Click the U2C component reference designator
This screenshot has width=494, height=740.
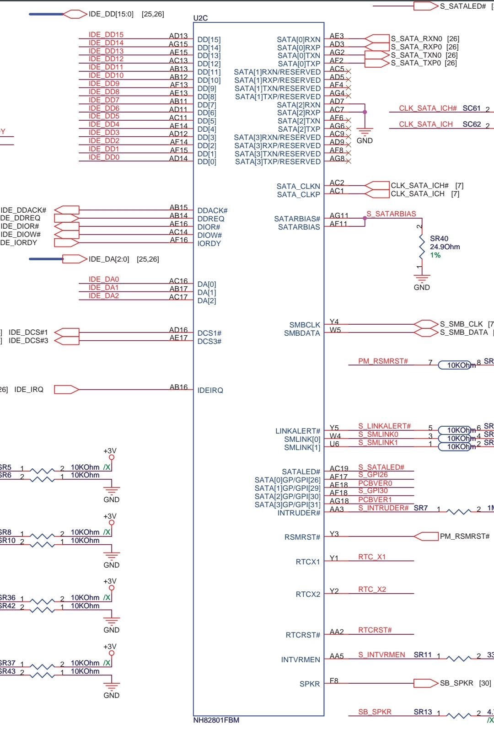click(200, 18)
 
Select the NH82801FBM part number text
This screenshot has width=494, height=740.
click(216, 720)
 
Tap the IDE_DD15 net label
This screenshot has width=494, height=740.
click(106, 35)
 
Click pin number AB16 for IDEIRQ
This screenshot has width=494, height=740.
click(178, 387)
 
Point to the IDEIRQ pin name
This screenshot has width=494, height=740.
click(210, 390)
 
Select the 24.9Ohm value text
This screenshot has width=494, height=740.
click(445, 247)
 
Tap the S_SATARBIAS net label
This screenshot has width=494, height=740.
click(391, 214)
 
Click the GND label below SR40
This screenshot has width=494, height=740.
click(421, 287)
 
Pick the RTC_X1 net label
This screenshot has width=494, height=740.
click(372, 557)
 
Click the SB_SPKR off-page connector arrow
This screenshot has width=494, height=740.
click(426, 683)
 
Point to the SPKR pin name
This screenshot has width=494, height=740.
click(310, 684)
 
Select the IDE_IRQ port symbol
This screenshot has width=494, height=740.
click(66, 390)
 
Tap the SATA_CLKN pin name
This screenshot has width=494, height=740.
click(298, 186)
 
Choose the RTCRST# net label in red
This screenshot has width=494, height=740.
click(375, 630)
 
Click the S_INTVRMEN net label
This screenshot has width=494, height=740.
click(381, 654)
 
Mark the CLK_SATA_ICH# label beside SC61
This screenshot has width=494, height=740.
click(427, 108)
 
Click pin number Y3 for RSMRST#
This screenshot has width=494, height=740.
click(334, 534)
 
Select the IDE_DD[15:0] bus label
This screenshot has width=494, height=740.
click(111, 14)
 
